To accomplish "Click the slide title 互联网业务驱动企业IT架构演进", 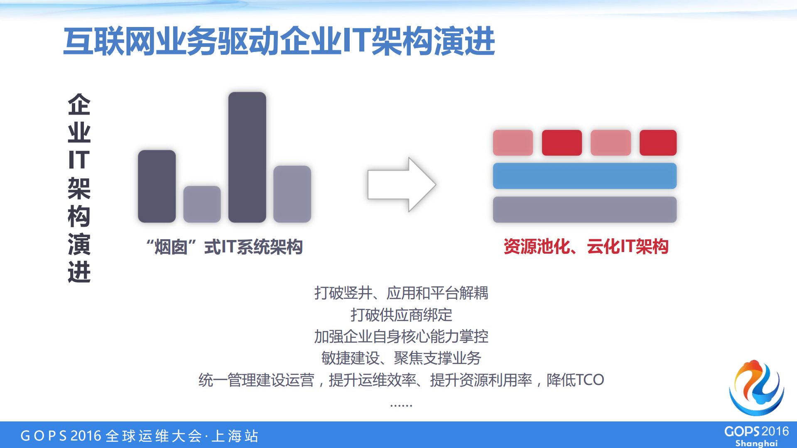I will click(x=279, y=41).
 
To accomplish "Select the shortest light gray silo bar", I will click(x=202, y=204).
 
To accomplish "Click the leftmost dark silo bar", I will click(x=157, y=186).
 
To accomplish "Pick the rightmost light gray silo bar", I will click(x=292, y=194).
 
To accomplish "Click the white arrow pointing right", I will click(x=401, y=184).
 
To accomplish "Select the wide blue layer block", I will click(x=584, y=176).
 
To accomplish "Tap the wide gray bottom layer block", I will click(x=584, y=209).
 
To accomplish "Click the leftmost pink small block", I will click(x=513, y=142).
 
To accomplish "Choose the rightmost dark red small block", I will click(x=658, y=142).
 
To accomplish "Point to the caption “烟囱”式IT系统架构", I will click(x=224, y=247).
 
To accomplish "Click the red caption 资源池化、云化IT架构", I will click(x=586, y=247).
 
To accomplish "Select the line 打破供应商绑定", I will click(x=401, y=315).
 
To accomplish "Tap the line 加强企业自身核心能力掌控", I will click(x=401, y=336).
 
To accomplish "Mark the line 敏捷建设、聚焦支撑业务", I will click(x=401, y=358).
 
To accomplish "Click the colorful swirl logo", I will click(x=756, y=388).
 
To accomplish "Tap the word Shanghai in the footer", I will click(x=756, y=443).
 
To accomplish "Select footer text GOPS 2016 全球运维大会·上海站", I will click(x=140, y=436).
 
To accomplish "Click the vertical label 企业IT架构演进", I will click(x=79, y=188).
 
